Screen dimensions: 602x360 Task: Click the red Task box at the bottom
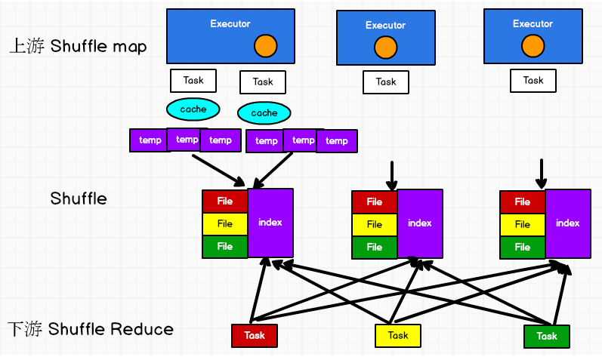coord(255,335)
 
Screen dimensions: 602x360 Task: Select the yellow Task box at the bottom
coord(398,335)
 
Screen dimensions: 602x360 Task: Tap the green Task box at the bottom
coord(547,336)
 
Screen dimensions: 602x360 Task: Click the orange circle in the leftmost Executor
coord(266,46)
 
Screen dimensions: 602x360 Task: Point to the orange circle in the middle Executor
coord(386,48)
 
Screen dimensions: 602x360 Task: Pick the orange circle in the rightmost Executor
coord(533,46)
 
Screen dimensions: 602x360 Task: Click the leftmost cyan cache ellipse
coord(193,109)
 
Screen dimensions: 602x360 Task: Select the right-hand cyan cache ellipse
coord(264,113)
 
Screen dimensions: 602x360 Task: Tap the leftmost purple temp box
coord(150,140)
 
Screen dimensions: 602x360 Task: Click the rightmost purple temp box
coord(337,141)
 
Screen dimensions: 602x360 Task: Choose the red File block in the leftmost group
coord(225,201)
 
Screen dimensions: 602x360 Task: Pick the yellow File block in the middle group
coord(375,224)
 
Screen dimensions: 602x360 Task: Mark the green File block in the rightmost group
coord(523,247)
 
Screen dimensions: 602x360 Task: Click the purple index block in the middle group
coord(420,223)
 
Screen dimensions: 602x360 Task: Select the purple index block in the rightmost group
coord(568,223)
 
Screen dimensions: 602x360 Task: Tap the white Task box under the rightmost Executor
coord(533,81)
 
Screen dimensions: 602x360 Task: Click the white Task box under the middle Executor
coord(386,82)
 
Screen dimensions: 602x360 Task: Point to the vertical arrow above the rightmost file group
coord(542,174)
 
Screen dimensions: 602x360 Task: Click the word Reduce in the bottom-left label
coord(142,329)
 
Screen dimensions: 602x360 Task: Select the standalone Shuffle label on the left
coord(79,198)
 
